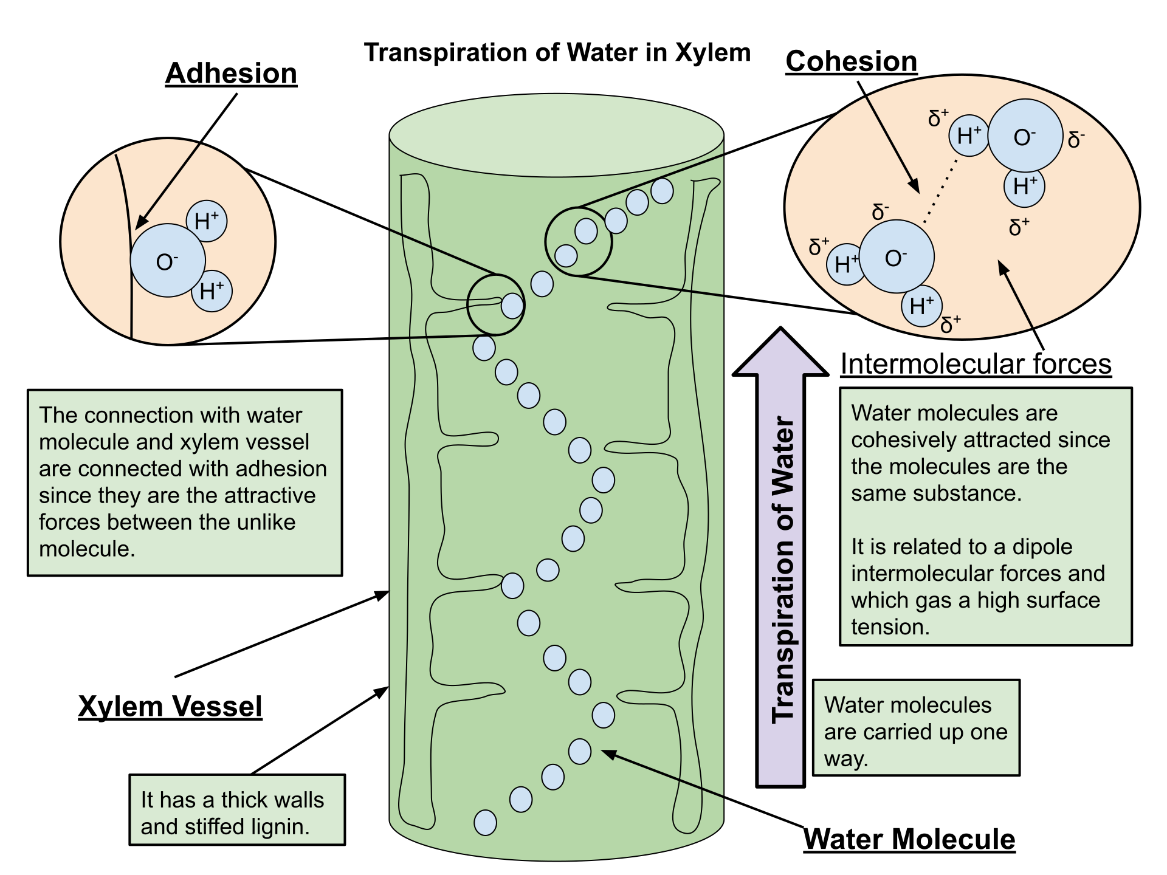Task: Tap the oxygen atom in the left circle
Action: pyautogui.click(x=168, y=261)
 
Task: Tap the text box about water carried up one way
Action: pyautogui.click(x=915, y=728)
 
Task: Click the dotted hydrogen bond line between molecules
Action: pyautogui.click(x=940, y=192)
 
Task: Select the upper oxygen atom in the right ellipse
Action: pyautogui.click(x=1025, y=136)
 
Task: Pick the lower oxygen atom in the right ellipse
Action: pyautogui.click(x=897, y=257)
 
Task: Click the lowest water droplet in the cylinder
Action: pyautogui.click(x=485, y=823)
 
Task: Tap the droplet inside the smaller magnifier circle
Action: pyautogui.click(x=512, y=306)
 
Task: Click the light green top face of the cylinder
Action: pyautogui.click(x=556, y=135)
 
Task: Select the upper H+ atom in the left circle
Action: pyautogui.click(x=207, y=221)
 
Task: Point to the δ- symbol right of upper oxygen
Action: pyautogui.click(x=1075, y=140)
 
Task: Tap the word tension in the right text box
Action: pyautogui.click(x=890, y=627)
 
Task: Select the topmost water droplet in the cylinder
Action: pyautogui.click(x=662, y=191)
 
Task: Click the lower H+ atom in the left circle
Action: pyautogui.click(x=212, y=291)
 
